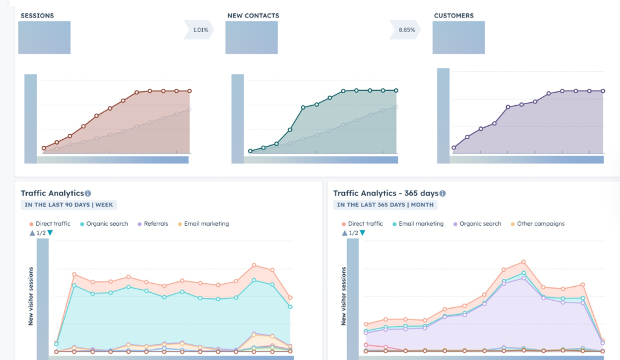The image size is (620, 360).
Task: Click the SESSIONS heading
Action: [37, 15]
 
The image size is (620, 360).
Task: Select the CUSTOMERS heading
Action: [453, 15]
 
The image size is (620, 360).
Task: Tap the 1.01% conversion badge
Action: [200, 30]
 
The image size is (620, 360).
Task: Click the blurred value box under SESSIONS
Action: [44, 38]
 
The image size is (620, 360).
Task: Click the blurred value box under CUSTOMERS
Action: [458, 38]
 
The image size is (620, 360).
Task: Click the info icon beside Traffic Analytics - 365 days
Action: [443, 194]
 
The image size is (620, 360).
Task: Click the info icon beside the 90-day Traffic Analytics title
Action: [88, 194]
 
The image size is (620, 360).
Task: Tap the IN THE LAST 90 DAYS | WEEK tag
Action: [68, 205]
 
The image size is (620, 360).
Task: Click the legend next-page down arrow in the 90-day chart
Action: [50, 233]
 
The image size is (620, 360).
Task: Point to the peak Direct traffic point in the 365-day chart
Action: [523, 262]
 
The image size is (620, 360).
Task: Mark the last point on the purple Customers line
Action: [603, 91]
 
